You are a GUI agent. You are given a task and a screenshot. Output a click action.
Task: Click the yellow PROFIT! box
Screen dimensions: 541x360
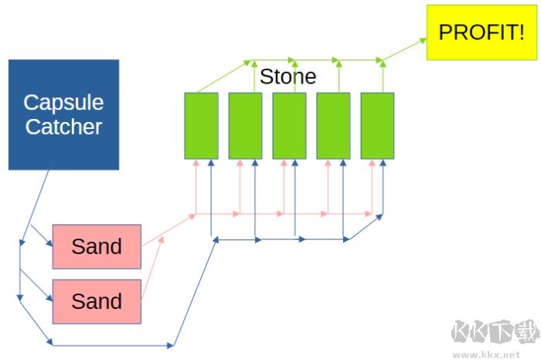coord(481,32)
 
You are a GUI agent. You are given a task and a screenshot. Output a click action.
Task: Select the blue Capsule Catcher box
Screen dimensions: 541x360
coord(64,114)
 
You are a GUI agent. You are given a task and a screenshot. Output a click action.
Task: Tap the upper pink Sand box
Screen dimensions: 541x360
coord(97,246)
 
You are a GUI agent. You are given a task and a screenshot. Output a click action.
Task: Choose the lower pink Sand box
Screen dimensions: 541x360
coord(97,301)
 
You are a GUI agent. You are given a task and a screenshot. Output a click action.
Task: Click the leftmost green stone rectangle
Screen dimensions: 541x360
coord(202,126)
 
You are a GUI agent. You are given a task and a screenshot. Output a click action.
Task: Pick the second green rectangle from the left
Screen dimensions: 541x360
coord(245,126)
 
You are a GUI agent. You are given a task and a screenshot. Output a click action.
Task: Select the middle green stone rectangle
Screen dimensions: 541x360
coord(290,126)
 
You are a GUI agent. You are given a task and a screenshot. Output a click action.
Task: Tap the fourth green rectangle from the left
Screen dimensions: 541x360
coord(333,126)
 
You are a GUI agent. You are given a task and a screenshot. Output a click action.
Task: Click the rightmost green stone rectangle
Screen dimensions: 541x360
coord(377,126)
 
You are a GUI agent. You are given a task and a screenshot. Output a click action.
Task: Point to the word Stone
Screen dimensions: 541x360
coord(288,76)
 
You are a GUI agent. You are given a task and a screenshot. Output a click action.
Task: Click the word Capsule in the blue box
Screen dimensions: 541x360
coord(63,103)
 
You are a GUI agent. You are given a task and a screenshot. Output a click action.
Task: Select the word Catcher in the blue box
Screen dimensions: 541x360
coord(63,127)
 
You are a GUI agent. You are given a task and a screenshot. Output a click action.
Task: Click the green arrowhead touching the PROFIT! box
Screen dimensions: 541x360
coord(423,41)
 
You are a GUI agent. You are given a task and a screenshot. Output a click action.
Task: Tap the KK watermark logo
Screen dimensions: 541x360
coord(495,332)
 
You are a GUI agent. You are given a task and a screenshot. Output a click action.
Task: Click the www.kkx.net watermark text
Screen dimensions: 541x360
coord(486,355)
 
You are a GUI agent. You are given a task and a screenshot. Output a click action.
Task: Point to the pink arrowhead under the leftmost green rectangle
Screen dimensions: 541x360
coord(196,162)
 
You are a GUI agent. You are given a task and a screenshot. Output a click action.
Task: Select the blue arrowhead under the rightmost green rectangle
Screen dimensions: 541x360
coord(383,162)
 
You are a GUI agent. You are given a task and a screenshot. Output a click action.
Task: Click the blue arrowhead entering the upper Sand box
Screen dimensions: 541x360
coord(49,243)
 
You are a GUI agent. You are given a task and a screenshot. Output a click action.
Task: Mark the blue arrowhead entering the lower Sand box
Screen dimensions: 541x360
coord(49,298)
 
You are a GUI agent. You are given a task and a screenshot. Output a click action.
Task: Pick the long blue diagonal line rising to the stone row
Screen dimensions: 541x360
coord(195,292)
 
